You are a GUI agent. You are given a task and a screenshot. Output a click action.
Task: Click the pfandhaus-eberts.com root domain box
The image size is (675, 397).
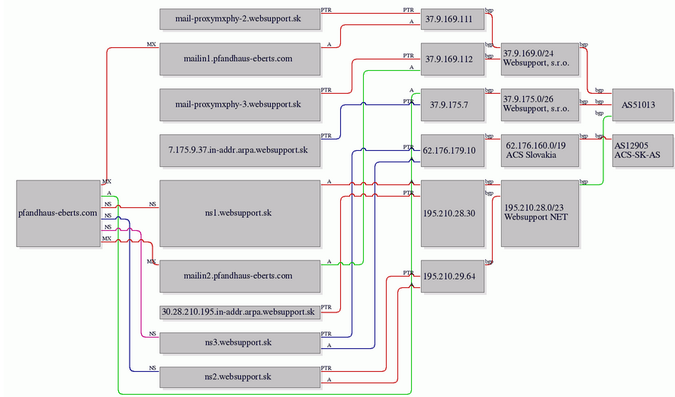58,213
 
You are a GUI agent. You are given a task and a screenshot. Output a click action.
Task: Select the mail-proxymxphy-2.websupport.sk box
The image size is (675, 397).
239,19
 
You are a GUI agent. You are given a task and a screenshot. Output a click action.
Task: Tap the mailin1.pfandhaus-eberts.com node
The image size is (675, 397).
239,59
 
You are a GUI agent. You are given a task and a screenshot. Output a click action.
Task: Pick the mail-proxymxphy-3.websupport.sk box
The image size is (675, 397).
239,104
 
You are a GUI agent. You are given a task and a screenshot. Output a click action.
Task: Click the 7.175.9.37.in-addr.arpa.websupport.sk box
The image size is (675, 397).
239,150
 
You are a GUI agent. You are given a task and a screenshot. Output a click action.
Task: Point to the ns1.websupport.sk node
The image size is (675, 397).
239,213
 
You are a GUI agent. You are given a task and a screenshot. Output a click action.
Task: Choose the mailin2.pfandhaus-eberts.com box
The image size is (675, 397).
239,276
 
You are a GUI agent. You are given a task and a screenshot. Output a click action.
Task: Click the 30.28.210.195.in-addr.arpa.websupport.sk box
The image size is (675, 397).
239,312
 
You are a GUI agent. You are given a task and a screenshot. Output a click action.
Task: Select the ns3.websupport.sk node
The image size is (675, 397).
239,343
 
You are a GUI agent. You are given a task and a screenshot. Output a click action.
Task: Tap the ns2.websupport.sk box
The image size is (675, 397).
239,377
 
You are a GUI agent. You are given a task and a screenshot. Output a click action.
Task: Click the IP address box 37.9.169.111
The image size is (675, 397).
452,19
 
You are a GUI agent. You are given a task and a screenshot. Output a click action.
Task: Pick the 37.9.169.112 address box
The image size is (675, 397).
452,59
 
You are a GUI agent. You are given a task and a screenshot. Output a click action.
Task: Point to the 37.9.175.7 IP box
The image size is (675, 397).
452,104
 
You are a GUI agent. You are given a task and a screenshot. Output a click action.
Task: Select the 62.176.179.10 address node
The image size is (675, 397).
452,150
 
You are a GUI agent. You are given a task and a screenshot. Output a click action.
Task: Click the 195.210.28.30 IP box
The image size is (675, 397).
452,213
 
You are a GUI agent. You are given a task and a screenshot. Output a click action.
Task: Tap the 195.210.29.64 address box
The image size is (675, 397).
452,276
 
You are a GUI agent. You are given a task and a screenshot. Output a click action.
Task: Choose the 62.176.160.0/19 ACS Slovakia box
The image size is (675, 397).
540,150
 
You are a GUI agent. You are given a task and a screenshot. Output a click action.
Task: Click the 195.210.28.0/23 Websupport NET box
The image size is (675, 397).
540,213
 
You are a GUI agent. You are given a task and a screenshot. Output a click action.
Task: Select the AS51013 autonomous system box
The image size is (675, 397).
642,104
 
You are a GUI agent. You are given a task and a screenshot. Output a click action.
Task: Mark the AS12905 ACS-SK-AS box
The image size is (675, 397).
642,150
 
